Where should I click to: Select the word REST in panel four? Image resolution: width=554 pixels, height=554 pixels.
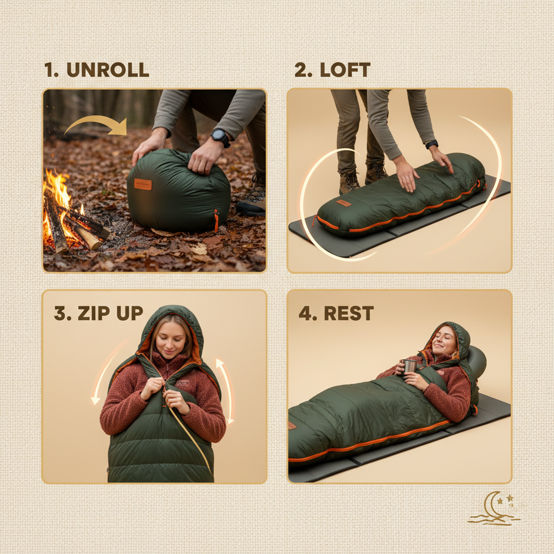[x=349, y=314]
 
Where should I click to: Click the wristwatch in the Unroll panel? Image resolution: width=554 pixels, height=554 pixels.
[x=220, y=137]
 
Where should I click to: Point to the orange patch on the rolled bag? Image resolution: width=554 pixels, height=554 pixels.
[x=143, y=184]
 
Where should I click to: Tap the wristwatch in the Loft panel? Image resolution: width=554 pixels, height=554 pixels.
[x=431, y=144]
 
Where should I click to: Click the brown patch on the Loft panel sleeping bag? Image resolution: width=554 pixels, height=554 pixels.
[x=343, y=203]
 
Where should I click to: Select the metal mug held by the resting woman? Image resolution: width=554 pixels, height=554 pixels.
[x=410, y=366]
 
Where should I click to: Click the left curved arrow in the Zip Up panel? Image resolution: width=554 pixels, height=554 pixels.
[x=105, y=373]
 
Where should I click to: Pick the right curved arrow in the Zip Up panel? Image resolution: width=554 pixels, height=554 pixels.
[x=226, y=390]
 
